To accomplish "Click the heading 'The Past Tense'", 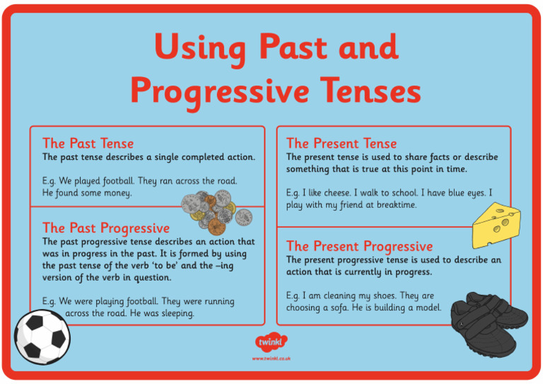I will (x=88, y=144).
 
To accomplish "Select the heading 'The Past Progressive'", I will (x=106, y=228).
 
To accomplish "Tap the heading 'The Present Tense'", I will (x=341, y=144).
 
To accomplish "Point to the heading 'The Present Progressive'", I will (x=359, y=246).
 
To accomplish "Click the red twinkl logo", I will (x=271, y=342).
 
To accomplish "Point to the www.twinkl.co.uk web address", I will (x=271, y=359).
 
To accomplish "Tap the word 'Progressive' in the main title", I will (x=219, y=91).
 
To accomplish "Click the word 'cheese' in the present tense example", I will (x=337, y=192).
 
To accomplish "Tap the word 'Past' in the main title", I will (x=299, y=48).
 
